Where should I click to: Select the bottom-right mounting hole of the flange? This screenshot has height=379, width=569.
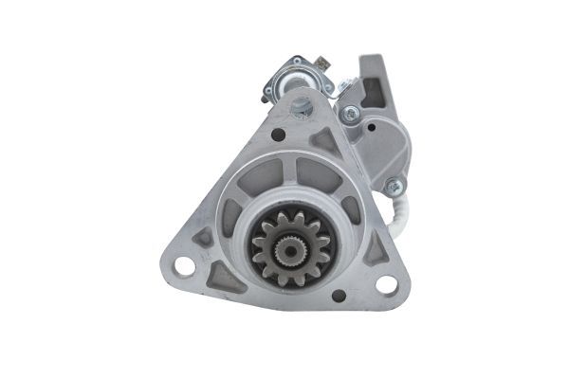click(386, 284)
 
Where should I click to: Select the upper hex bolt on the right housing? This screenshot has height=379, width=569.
click(352, 113)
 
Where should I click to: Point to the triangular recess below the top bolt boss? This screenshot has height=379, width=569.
click(321, 140)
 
